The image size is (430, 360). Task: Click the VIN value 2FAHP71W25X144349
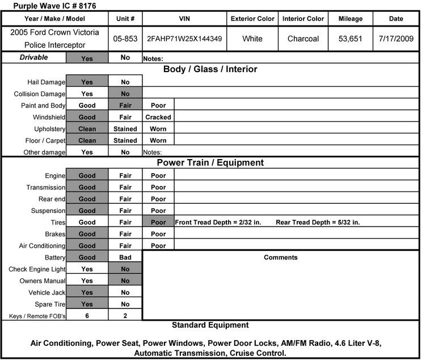pyautogui.click(x=184, y=39)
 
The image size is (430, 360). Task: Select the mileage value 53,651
pyautogui.click(x=350, y=39)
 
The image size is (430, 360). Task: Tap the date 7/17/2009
pyautogui.click(x=396, y=39)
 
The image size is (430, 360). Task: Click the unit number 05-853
pyautogui.click(x=125, y=39)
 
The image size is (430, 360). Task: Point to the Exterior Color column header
pyautogui.click(x=252, y=19)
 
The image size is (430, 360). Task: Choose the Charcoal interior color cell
pyautogui.click(x=303, y=39)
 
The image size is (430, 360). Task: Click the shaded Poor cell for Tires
pyautogui.click(x=158, y=223)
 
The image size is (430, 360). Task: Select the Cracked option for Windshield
pyautogui.click(x=158, y=117)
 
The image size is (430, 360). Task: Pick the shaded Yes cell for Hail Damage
pyautogui.click(x=87, y=82)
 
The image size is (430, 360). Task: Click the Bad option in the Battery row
pyautogui.click(x=125, y=258)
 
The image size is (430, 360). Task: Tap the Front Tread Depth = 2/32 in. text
pyautogui.click(x=218, y=223)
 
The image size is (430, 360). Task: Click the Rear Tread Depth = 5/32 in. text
pyautogui.click(x=318, y=223)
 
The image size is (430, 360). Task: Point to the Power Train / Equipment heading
pyautogui.click(x=210, y=163)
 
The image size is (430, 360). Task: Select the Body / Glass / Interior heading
pyautogui.click(x=210, y=69)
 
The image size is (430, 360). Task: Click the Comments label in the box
pyautogui.click(x=280, y=258)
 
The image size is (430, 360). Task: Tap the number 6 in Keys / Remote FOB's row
pyautogui.click(x=87, y=316)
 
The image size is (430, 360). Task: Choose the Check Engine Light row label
pyautogui.click(x=37, y=269)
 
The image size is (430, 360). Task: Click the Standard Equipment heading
pyautogui.click(x=210, y=325)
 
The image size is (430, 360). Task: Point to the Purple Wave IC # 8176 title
pyautogui.click(x=51, y=6)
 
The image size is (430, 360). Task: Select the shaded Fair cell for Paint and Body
pyautogui.click(x=125, y=106)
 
